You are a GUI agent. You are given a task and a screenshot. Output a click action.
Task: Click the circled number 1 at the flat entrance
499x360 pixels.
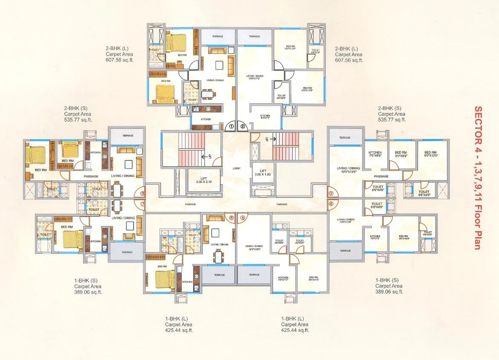231,126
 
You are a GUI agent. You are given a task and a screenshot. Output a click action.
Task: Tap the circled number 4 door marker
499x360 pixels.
331,203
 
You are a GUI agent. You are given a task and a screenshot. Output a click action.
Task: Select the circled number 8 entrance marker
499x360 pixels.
142,194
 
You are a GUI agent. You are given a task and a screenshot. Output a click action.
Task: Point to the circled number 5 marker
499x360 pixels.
243,218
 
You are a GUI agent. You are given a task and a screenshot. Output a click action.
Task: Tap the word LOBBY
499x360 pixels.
237,168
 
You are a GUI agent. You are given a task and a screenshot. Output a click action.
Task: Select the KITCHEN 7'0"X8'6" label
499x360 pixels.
375,154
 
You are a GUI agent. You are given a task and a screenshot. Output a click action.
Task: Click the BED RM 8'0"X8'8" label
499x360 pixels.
401,154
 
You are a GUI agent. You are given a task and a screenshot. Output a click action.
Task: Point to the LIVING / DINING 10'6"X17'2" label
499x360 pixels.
255,78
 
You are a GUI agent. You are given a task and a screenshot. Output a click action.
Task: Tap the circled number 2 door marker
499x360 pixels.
243,126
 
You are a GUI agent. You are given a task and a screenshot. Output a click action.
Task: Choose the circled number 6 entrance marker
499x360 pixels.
232,218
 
